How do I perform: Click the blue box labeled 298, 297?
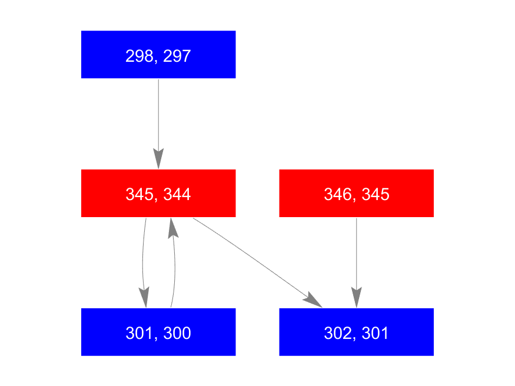(x=158, y=55)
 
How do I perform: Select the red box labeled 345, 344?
(x=158, y=194)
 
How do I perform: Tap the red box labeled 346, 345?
(x=356, y=194)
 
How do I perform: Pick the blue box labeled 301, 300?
(x=158, y=332)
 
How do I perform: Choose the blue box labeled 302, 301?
(x=356, y=332)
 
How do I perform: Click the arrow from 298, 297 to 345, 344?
(x=158, y=124)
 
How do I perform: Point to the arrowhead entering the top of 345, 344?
(x=158, y=158)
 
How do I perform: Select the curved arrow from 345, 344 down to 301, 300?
(x=143, y=262)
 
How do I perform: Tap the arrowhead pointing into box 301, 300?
(x=144, y=297)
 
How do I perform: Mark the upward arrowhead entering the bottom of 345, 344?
(x=173, y=228)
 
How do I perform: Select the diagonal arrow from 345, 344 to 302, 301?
(x=258, y=262)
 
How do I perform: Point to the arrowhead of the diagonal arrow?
(x=313, y=300)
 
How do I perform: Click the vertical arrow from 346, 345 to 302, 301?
(x=356, y=262)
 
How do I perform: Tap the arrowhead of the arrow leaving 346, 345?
(x=356, y=297)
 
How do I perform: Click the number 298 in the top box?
(x=139, y=56)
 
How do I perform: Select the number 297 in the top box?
(x=177, y=56)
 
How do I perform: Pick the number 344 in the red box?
(x=177, y=194)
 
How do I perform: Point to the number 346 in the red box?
(x=338, y=194)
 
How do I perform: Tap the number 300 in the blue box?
(x=177, y=333)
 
